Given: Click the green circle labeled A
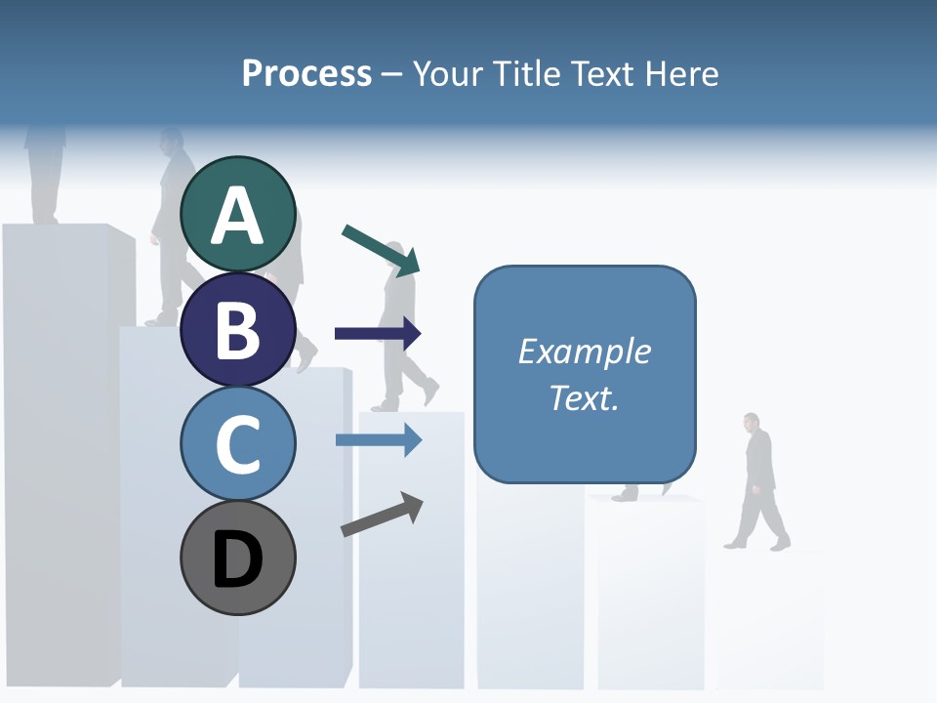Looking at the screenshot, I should pyautogui.click(x=238, y=215).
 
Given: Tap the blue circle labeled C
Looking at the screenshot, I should pyautogui.click(x=238, y=442).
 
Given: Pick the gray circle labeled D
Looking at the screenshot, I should pyautogui.click(x=238, y=558).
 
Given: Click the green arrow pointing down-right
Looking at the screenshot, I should pyautogui.click(x=382, y=249).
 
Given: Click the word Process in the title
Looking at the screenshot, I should pyautogui.click(x=306, y=73).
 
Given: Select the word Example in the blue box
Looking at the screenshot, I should pyautogui.click(x=584, y=351).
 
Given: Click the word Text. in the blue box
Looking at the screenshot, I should pyautogui.click(x=584, y=398).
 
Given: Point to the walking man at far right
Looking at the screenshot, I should pyautogui.click(x=758, y=481).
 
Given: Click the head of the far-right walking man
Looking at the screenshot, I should pyautogui.click(x=751, y=422).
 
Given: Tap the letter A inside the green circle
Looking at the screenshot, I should pyautogui.click(x=238, y=217).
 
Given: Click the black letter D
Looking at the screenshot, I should pyautogui.click(x=238, y=559).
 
